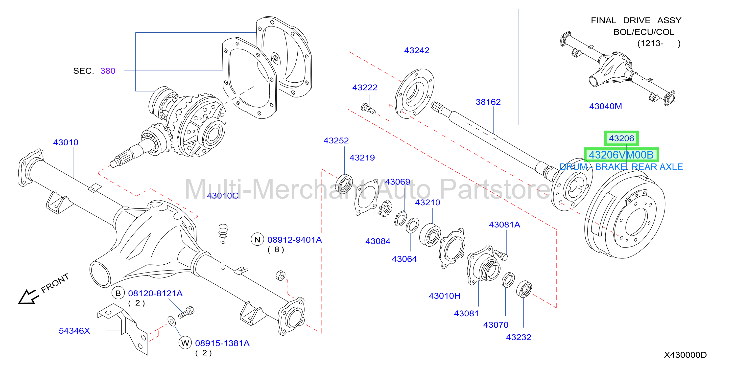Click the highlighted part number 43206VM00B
621,155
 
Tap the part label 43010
66,142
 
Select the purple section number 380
108,71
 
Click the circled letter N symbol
257,240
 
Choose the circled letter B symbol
118,293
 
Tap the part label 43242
417,50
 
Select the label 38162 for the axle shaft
488,102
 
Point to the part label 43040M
605,106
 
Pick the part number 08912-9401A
294,240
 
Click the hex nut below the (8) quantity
281,275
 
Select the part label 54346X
74,331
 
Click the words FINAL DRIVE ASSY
636,21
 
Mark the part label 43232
519,337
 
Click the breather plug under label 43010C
223,233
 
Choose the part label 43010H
444,296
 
